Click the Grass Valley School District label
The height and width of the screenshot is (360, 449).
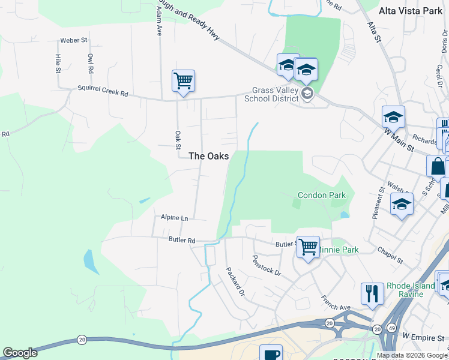coord(275,94)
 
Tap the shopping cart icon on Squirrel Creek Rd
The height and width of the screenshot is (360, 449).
coord(183,80)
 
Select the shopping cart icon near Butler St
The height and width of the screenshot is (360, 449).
coord(308,247)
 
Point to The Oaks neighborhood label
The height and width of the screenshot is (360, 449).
coord(208,156)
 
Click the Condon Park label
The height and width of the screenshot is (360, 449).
coord(322,195)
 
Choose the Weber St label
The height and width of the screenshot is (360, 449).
coord(74,41)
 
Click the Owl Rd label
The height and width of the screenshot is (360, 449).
coord(90,63)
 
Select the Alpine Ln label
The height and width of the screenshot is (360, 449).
coord(174,217)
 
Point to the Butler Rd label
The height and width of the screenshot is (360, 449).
coord(182,241)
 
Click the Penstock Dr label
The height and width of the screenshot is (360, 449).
coord(267,265)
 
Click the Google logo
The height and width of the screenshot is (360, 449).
coord(20,353)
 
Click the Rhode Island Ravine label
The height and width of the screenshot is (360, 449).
coord(411,290)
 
